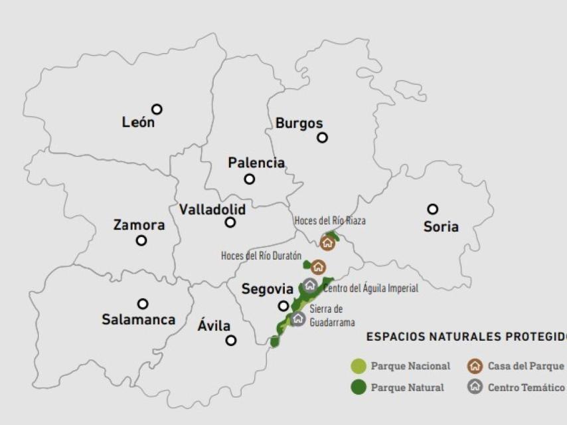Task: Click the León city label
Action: click(138, 122)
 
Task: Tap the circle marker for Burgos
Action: click(322, 137)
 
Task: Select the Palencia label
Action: click(256, 163)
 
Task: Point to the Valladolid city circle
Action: click(230, 222)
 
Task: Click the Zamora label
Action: click(139, 225)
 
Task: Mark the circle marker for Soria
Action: click(432, 209)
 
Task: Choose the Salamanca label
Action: click(138, 319)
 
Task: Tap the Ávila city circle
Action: click(230, 340)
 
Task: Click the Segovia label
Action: click(267, 289)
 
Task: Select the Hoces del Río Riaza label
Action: click(330, 220)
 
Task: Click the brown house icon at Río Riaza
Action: click(327, 243)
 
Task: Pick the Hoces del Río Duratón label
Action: click(261, 256)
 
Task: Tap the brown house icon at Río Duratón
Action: click(319, 268)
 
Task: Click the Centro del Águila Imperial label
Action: click(370, 288)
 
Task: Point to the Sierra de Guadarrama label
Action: click(331, 315)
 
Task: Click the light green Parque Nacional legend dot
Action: click(359, 366)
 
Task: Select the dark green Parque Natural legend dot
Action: click(359, 387)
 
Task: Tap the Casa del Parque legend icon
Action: click(475, 366)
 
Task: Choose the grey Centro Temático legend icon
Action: click(475, 387)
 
